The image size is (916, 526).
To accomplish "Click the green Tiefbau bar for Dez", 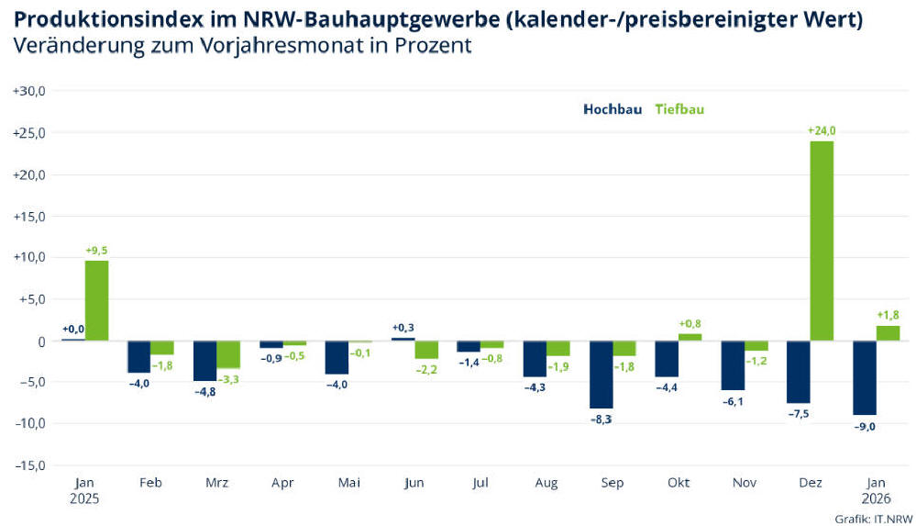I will (x=822, y=241).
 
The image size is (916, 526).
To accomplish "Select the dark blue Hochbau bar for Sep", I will (x=601, y=375).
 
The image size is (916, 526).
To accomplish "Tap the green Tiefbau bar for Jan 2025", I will (x=96, y=300).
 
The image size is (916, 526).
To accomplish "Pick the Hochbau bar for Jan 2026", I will (x=865, y=377).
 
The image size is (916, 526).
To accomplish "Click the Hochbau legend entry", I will (x=613, y=108).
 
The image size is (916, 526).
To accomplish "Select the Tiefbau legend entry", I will (x=679, y=108).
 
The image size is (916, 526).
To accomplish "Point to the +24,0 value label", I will (x=822, y=131).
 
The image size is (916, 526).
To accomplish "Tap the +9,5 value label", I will (x=96, y=250).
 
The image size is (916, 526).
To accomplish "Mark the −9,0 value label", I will (x=865, y=425).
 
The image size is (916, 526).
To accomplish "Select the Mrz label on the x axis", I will (x=217, y=483).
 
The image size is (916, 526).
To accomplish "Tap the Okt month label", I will (x=679, y=483).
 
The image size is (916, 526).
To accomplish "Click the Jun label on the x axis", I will (x=415, y=483).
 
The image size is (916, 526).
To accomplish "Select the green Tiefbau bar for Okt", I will (x=690, y=336).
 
